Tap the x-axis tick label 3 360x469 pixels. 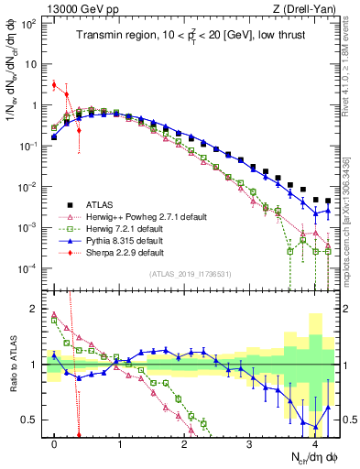tap(249, 443)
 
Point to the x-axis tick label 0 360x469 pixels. tap(55, 443)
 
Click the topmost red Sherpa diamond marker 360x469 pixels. tap(55, 85)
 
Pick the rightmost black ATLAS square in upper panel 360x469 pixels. tap(327, 201)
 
